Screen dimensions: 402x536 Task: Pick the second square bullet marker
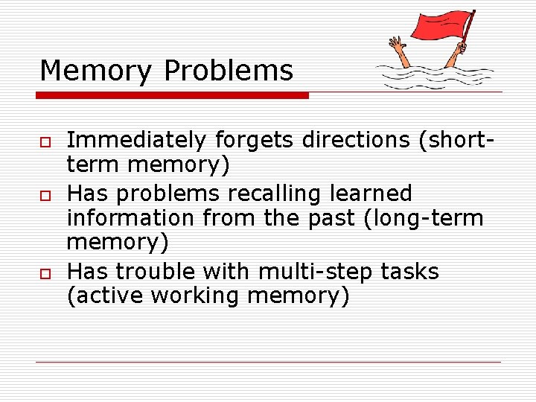click(x=45, y=195)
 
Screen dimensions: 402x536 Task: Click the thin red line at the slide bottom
click(x=268, y=363)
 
